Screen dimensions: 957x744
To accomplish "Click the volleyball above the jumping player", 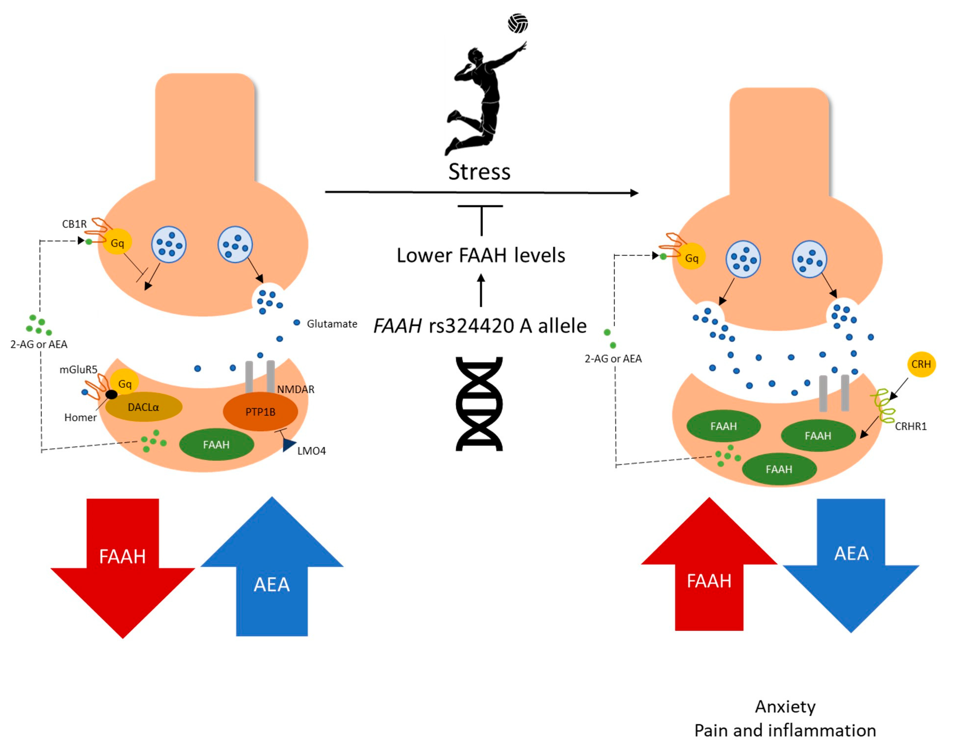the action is (518, 23).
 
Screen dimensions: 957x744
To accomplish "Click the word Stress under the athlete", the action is (479, 172).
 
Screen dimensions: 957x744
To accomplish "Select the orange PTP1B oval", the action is (260, 411).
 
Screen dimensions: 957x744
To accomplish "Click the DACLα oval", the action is (144, 407).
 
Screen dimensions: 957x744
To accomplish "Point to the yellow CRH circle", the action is (921, 364).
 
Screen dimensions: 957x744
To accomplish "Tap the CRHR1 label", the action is (910, 426).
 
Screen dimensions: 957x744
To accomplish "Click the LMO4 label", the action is (312, 451).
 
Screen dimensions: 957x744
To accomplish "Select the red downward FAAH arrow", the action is (123, 568).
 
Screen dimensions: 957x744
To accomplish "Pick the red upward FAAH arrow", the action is (709, 564).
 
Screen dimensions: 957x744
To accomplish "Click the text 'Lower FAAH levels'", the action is (481, 255).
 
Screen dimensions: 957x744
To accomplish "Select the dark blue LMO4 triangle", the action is (289, 445).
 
